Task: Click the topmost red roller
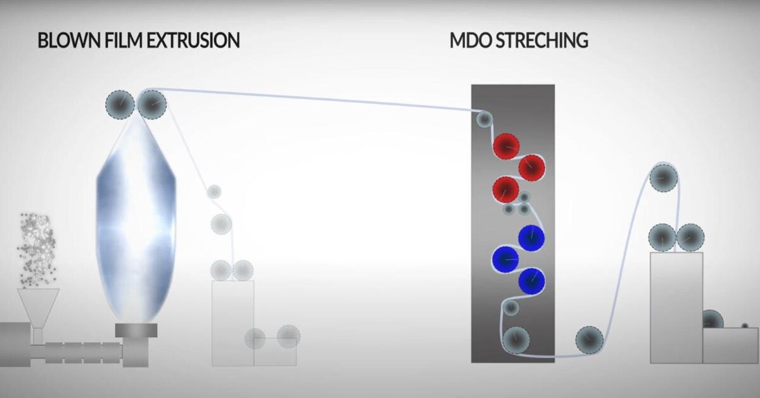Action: (506, 146)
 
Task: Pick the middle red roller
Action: (532, 167)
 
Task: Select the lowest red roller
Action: (505, 189)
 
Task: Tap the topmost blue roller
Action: (531, 237)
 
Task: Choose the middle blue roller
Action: (505, 258)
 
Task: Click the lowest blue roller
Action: (531, 280)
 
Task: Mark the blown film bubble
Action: (136, 215)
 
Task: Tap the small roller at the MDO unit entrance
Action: (484, 118)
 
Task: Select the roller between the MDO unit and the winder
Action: (589, 340)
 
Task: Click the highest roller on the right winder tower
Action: (663, 177)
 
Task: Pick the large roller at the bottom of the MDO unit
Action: (516, 340)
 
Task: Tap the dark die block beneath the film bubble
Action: (136, 330)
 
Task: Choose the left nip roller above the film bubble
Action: (119, 105)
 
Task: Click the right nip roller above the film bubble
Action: (152, 105)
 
